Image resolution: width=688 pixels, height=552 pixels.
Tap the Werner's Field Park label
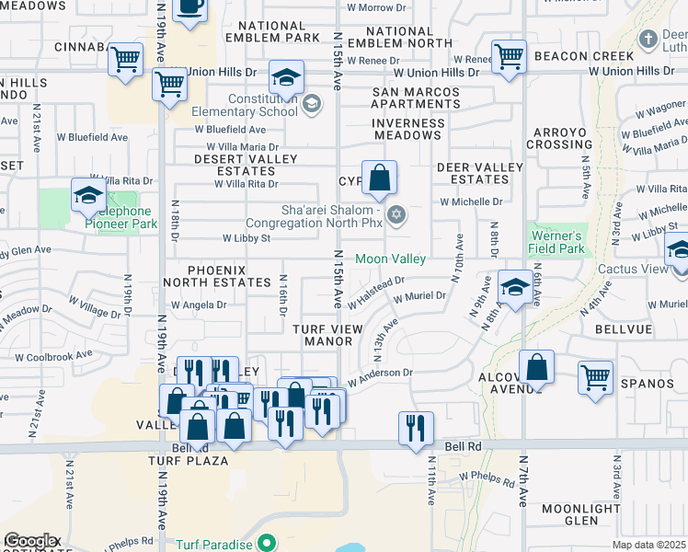click(557, 242)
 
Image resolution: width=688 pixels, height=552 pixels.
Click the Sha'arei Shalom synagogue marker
click(396, 215)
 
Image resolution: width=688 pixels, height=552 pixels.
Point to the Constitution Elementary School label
click(246, 105)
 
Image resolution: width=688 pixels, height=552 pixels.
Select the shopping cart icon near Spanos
click(595, 375)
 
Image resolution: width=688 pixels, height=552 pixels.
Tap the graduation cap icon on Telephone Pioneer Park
click(88, 194)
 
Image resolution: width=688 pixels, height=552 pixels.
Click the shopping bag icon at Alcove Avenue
click(536, 366)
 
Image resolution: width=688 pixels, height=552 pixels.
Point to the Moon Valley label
click(391, 259)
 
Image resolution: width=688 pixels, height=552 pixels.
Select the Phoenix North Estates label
click(217, 275)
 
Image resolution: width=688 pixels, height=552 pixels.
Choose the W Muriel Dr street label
click(419, 297)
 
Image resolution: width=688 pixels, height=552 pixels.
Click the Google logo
click(30, 541)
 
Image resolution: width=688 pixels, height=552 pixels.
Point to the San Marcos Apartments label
click(416, 98)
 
